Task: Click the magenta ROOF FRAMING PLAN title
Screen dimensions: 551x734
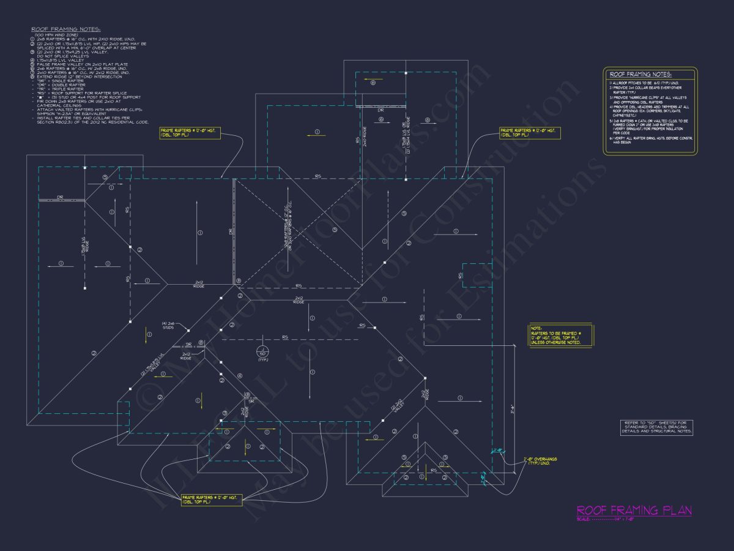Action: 634,510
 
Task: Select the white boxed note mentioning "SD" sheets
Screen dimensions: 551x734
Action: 656,427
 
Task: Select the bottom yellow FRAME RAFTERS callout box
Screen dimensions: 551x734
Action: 212,498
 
